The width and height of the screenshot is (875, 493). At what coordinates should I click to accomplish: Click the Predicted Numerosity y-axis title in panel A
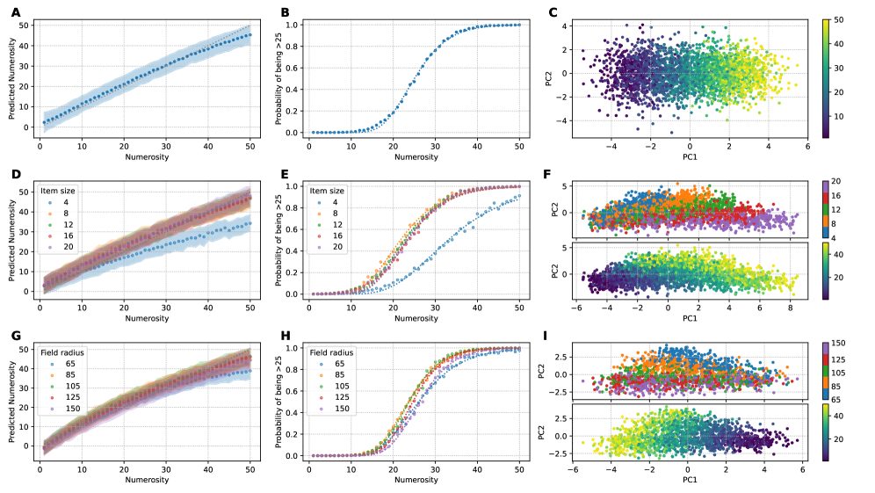tap(11, 79)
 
